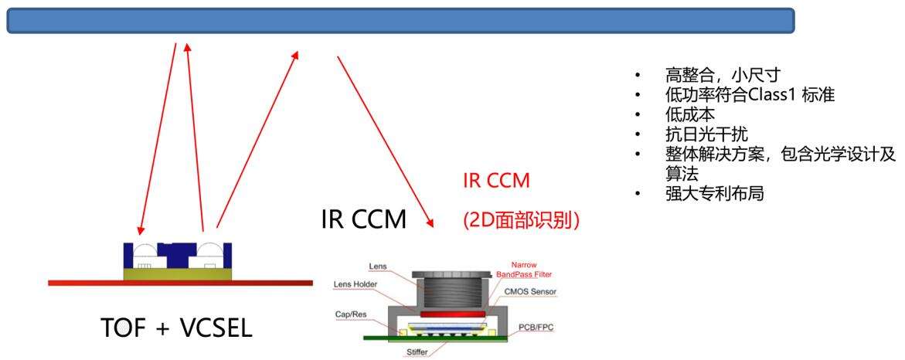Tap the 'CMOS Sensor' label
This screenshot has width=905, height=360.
529,291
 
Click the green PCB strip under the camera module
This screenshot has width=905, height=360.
433,338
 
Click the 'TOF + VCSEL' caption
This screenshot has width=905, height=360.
177,328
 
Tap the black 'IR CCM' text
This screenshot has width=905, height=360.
363,220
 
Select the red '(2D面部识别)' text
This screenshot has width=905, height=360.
522,219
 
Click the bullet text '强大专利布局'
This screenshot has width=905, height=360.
714,194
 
